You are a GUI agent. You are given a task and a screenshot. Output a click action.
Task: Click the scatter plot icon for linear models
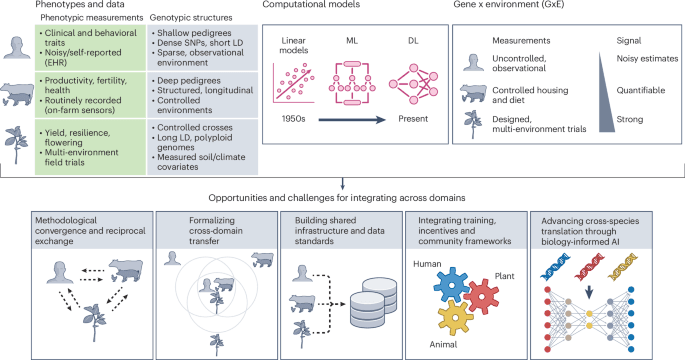click(x=297, y=88)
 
